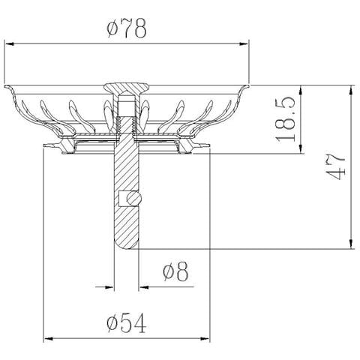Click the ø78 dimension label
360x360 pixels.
(x=127, y=28)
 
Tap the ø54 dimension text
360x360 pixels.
(x=127, y=323)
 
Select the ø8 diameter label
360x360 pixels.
(x=175, y=271)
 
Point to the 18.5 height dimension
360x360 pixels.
(x=286, y=119)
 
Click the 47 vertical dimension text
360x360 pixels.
(x=336, y=166)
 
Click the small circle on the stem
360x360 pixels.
(x=134, y=199)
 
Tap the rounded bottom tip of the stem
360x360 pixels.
(x=126, y=246)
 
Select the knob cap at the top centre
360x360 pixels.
(x=126, y=88)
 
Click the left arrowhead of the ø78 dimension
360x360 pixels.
(x=9, y=44)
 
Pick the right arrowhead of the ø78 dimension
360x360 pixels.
(x=244, y=44)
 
